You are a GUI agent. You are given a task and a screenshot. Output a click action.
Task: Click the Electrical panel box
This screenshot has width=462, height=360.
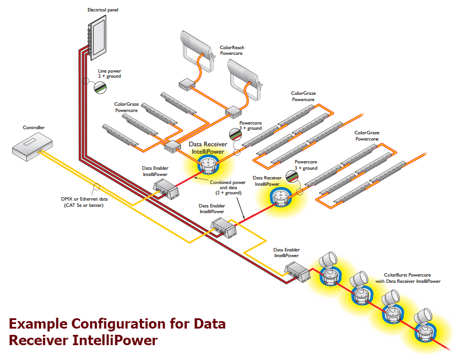pos(96,36)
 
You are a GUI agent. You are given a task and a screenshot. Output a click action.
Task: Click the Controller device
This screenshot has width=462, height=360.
pos(34,146)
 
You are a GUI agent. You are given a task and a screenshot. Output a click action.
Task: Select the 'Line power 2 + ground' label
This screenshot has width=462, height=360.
pos(110,73)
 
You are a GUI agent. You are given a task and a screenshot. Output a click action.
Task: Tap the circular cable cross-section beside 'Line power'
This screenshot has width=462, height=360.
pos(101,88)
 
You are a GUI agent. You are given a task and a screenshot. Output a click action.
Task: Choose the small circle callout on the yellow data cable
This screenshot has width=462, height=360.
pos(97,186)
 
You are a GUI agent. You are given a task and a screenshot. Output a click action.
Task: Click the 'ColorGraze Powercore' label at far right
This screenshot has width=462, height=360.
pos(367,135)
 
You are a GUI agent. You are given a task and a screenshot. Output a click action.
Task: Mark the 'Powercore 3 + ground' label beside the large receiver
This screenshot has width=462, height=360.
pos(251,126)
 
